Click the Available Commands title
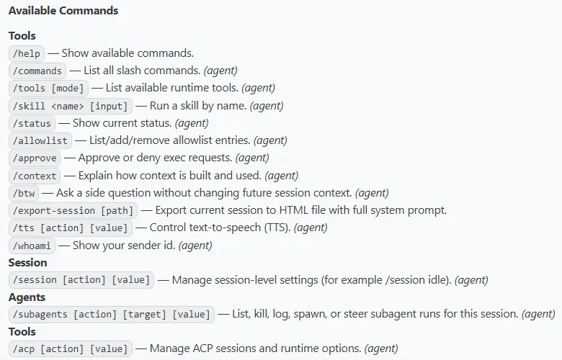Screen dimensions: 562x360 (63, 11)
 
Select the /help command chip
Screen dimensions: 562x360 (27, 53)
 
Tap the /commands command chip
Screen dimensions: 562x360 (37, 71)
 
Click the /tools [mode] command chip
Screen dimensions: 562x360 (49, 88)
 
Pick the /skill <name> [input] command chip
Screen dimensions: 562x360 (71, 106)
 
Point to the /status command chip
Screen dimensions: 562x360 (32, 123)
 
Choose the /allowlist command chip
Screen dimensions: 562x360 (40, 140)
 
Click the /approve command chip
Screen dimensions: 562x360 (35, 158)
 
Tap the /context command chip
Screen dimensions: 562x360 (35, 176)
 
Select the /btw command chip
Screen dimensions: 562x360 (24, 193)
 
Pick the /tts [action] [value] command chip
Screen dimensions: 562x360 (71, 228)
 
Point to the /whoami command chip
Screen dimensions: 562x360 (32, 246)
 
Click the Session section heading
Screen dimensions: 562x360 (27, 263)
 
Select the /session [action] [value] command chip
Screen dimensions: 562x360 (81, 280)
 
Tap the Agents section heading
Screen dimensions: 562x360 (27, 297)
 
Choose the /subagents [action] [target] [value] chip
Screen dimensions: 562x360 (112, 315)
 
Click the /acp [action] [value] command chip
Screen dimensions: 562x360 (71, 349)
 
